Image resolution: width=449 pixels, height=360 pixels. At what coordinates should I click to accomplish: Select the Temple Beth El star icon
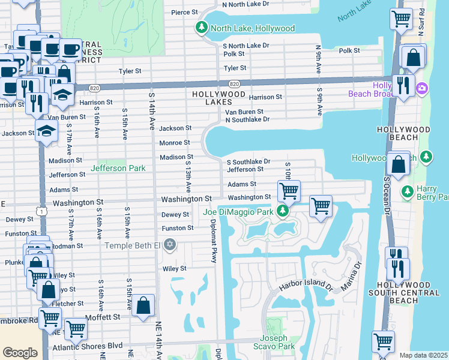tap(170, 245)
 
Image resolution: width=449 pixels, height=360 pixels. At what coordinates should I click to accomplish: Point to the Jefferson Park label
tap(118, 169)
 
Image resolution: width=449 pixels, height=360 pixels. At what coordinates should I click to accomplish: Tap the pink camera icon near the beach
tap(422, 88)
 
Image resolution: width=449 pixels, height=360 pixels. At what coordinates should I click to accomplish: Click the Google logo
tap(20, 353)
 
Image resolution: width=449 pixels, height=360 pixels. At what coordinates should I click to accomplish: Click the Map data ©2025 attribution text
tap(424, 355)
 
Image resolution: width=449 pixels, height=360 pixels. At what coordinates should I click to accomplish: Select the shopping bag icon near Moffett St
tap(144, 306)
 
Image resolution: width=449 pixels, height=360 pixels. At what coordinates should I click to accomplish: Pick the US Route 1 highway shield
tap(40, 211)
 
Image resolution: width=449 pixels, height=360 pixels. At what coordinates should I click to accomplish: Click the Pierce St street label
tap(184, 12)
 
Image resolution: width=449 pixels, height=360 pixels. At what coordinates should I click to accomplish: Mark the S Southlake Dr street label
tap(248, 161)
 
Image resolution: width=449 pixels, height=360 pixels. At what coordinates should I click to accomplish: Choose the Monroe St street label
tap(175, 143)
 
